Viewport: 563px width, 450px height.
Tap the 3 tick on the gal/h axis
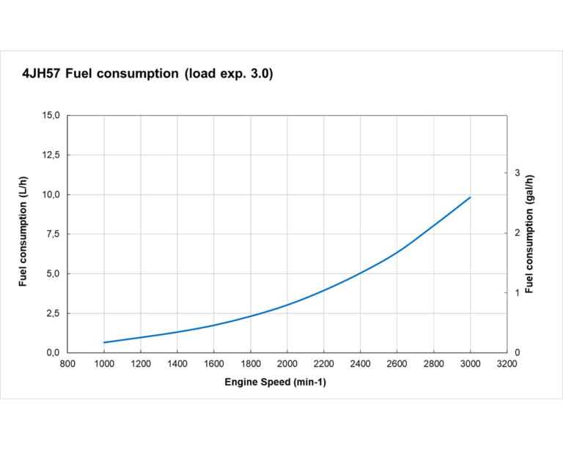[518, 173]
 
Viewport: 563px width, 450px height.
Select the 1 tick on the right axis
[518, 292]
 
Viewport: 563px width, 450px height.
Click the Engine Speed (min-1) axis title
[275, 383]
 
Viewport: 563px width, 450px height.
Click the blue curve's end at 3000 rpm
[470, 197]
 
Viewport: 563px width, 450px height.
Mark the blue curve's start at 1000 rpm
[104, 342]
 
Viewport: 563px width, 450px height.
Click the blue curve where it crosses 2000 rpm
[287, 305]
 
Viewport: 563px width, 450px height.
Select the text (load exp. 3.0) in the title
[229, 74]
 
